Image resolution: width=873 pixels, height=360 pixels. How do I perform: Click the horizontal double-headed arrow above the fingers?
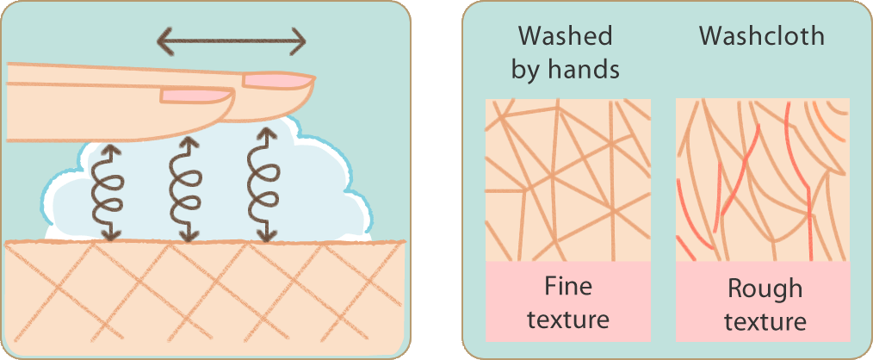click(231, 42)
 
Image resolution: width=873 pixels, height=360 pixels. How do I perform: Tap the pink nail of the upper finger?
click(276, 81)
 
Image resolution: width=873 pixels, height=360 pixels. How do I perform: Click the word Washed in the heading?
click(565, 36)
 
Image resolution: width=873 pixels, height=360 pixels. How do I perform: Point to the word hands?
click(584, 69)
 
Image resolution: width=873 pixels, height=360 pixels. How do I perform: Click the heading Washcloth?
click(762, 36)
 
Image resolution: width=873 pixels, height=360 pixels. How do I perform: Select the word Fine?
click(568, 287)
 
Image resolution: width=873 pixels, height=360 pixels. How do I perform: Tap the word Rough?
click(765, 289)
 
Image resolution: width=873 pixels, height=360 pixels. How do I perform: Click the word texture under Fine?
click(568, 320)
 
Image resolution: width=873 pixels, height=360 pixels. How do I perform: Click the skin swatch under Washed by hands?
click(568, 180)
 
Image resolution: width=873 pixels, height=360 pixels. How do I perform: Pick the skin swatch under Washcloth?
click(763, 180)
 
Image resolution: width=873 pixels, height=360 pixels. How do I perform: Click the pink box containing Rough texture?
click(763, 301)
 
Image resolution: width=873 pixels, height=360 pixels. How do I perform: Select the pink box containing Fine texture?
click(568, 301)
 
